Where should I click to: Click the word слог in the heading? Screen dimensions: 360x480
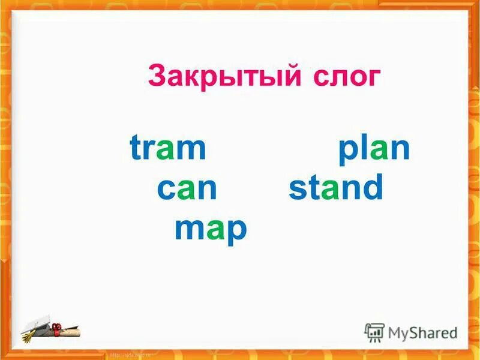click(346, 76)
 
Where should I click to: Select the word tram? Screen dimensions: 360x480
click(167, 148)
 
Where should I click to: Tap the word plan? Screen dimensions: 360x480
click(374, 148)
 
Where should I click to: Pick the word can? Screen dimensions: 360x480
click(187, 188)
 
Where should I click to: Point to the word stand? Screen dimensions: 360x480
click(335, 188)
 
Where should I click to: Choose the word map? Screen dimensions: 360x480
click(211, 229)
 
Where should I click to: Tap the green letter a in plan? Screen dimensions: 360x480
click(379, 150)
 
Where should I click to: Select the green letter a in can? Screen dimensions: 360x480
click(187, 190)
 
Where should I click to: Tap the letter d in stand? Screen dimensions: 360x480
click(372, 188)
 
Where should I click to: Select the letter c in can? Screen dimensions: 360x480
click(166, 190)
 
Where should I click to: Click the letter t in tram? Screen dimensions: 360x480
click(136, 148)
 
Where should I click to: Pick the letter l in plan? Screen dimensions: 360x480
click(362, 148)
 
